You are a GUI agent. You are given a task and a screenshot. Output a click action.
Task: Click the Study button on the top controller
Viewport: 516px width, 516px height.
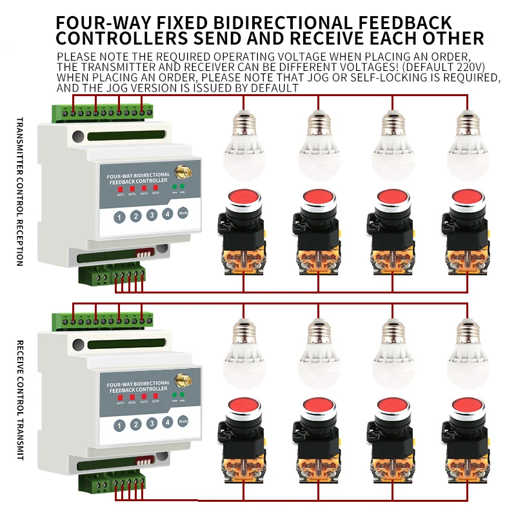(183, 214)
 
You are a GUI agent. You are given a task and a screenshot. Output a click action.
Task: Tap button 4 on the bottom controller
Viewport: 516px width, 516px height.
(168, 423)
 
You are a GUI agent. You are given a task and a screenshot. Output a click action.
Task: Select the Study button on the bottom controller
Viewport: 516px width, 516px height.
(183, 422)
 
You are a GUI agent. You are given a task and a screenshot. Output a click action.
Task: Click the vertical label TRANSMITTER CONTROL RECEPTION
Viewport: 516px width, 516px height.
(19, 192)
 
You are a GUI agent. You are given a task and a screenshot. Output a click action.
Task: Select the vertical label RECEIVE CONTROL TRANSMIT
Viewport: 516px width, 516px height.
(19, 400)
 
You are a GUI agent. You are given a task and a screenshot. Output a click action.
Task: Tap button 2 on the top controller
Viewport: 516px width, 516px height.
(135, 217)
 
